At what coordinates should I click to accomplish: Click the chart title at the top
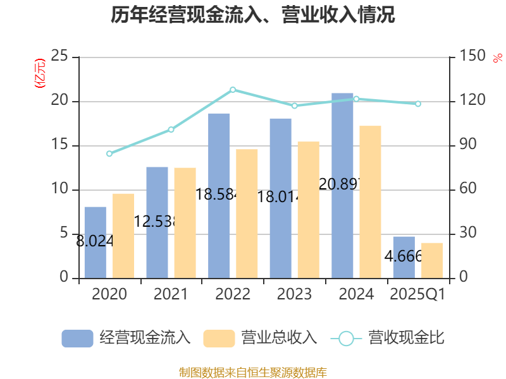coord(253,15)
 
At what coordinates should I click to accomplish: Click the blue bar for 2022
coord(219,195)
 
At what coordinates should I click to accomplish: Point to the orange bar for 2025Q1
coord(432,260)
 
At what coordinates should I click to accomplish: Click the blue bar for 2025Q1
coord(404,257)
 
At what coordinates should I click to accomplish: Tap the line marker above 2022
coord(233,90)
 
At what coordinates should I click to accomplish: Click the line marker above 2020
coord(109,153)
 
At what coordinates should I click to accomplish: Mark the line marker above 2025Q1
coord(417,104)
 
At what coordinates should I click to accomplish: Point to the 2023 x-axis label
coord(295,294)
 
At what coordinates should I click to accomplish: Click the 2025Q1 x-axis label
coord(417,294)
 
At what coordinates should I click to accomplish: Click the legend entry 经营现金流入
coord(126,338)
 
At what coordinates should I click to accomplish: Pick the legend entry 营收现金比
coord(388,338)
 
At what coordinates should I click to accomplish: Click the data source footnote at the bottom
coord(253,372)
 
